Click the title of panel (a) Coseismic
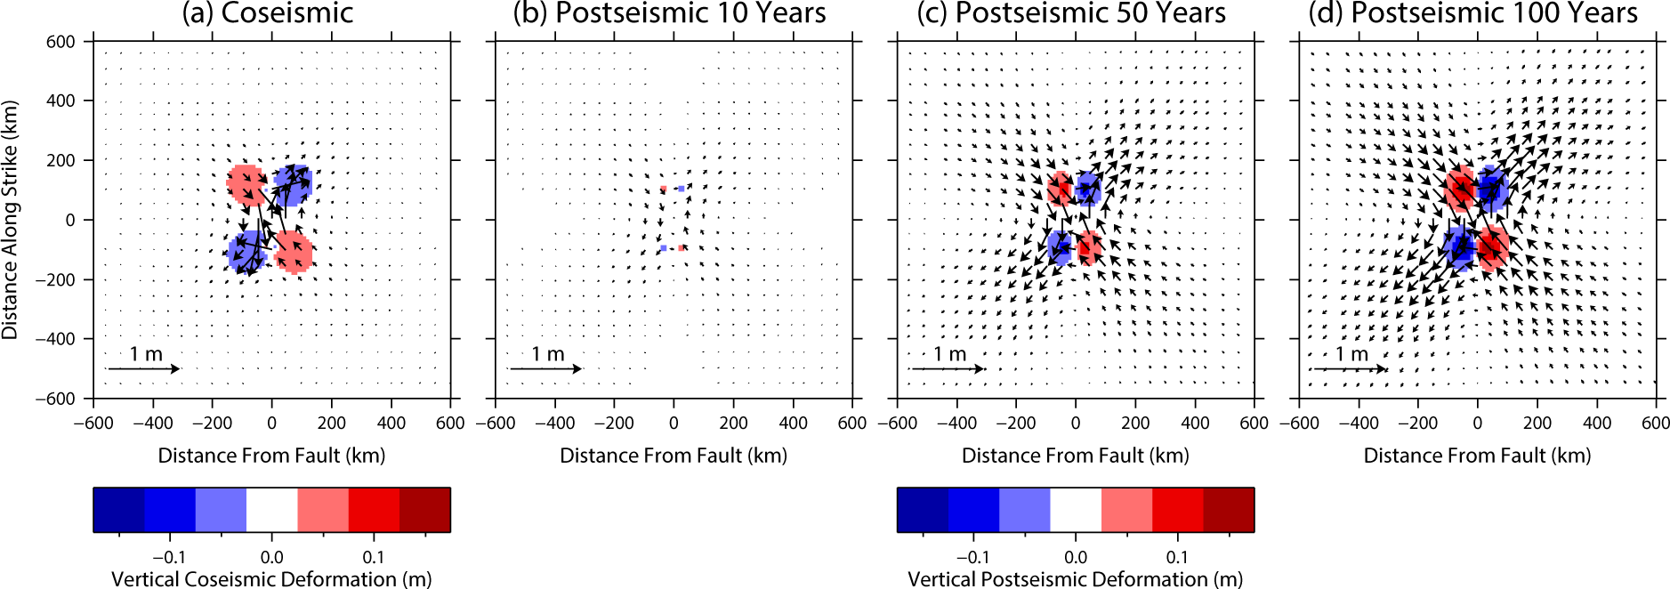coord(268,13)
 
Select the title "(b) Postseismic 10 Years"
coord(669,13)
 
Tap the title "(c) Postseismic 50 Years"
coord(1071,13)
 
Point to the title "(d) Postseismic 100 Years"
coord(1472,13)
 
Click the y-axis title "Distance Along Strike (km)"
coord(11,220)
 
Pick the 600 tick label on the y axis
coord(61,42)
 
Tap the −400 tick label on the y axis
coord(55,339)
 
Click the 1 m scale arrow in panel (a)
coord(143,368)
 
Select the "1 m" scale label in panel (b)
coord(548,354)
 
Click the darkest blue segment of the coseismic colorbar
coord(119,510)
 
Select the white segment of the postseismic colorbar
coord(1076,510)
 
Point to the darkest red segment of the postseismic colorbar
coord(1229,510)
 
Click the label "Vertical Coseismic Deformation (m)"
coord(271,579)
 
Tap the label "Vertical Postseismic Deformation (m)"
coord(1075,579)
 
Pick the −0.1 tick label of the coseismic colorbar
coord(169,558)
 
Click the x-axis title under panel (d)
coord(1477,456)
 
